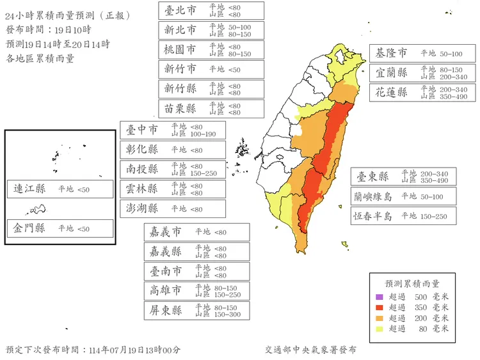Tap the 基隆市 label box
click(x=392, y=53)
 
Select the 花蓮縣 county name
click(x=392, y=92)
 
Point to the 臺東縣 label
click(x=372, y=176)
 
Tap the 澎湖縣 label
click(x=141, y=208)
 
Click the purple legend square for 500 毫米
click(x=379, y=297)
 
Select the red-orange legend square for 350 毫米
click(x=379, y=308)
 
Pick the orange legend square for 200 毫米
click(x=379, y=318)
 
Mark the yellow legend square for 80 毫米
click(x=379, y=329)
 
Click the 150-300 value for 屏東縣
click(x=228, y=315)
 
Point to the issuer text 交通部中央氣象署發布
click(x=310, y=350)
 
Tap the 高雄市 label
click(x=165, y=290)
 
